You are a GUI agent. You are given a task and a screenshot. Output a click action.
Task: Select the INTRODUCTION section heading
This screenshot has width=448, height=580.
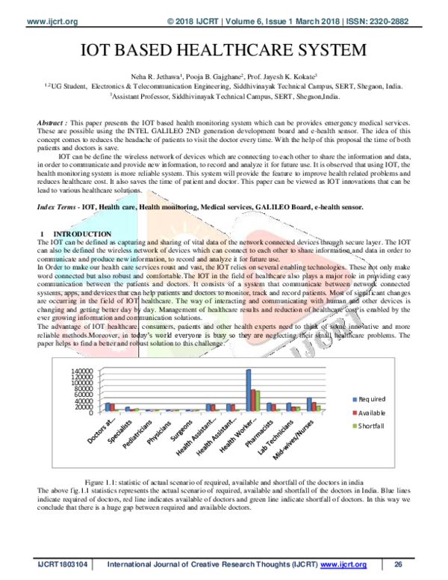click(x=78, y=235)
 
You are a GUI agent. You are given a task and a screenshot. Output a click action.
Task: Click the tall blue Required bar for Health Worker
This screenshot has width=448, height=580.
click(x=249, y=389)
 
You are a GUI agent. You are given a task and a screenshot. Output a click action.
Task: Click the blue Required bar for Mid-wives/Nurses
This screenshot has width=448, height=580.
click(x=309, y=404)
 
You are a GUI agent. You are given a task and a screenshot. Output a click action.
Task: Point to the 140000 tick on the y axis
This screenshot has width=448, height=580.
click(x=83, y=371)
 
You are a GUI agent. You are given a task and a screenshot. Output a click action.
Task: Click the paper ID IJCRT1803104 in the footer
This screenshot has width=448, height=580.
click(x=57, y=564)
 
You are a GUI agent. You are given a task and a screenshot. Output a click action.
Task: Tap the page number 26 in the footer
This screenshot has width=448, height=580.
click(x=398, y=564)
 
